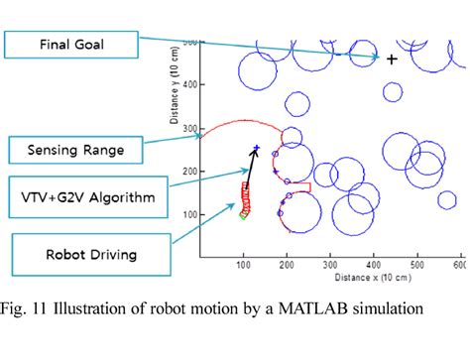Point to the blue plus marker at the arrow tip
256,148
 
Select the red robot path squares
245,198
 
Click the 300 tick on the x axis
330,266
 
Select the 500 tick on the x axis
417,266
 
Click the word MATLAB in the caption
346,307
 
